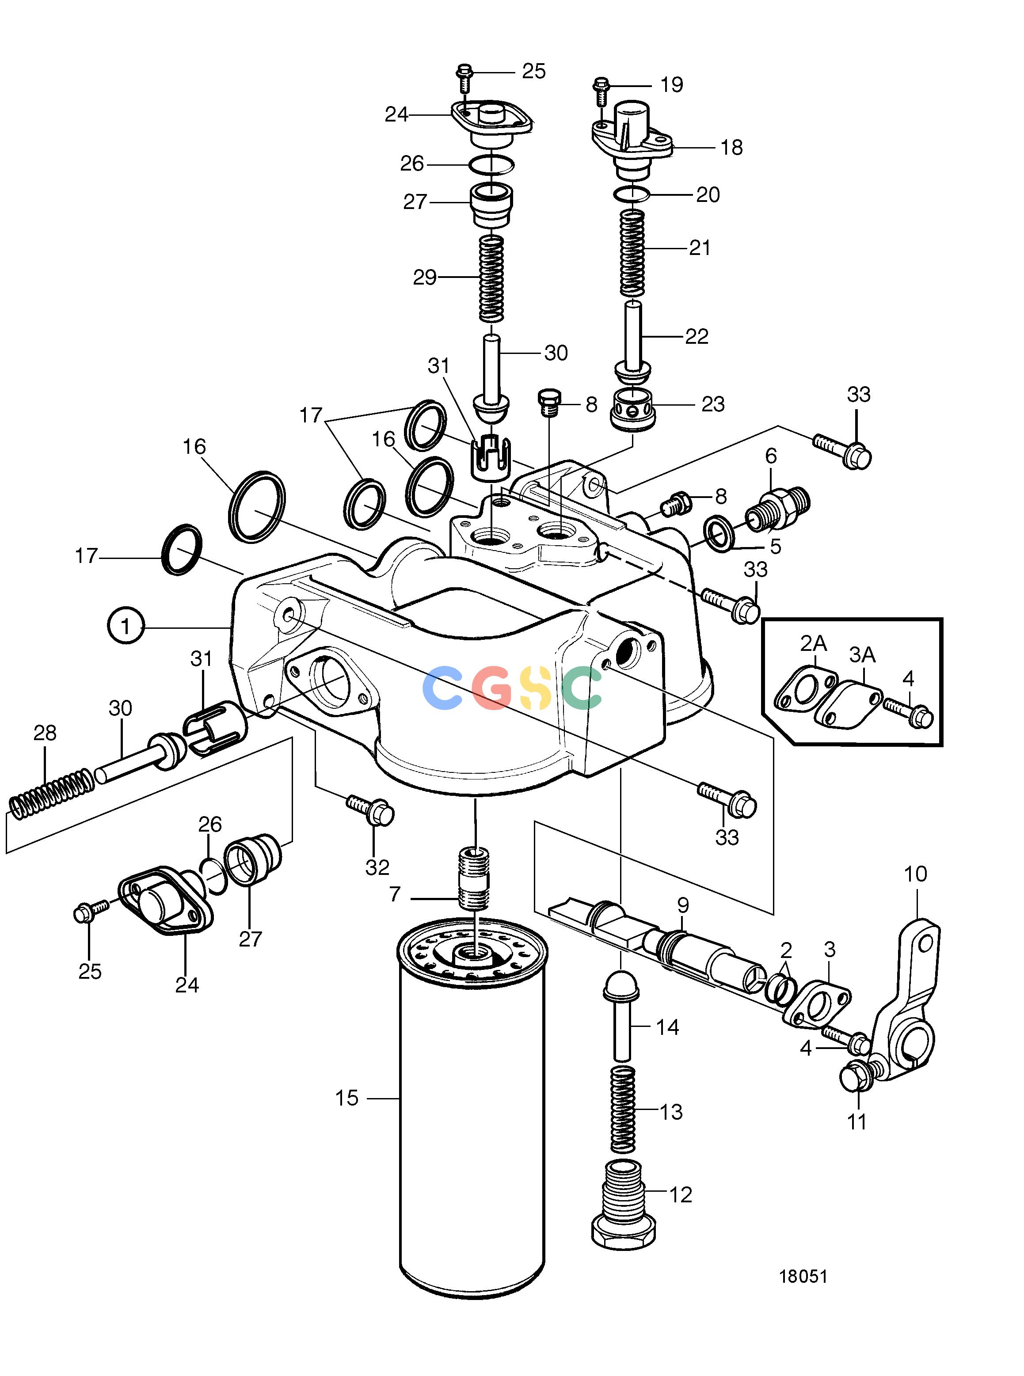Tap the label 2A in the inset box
click(x=813, y=644)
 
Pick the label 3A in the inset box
click(x=862, y=654)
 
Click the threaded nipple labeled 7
click(x=474, y=879)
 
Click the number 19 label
click(x=672, y=84)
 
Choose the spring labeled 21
click(x=633, y=253)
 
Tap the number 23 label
click(x=713, y=404)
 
